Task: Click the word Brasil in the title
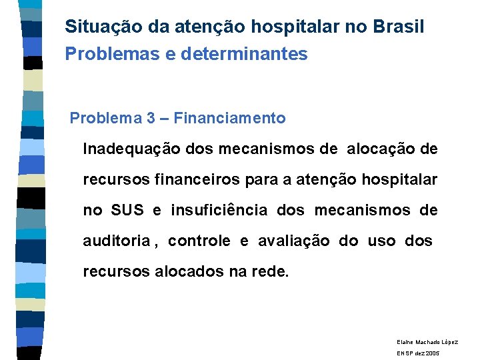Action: tap(399, 27)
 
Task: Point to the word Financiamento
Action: tap(231, 119)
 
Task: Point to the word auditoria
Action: tap(116, 241)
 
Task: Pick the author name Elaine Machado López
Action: tap(427, 341)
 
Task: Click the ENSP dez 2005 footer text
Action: tap(418, 353)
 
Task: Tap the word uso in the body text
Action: tap(381, 241)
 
